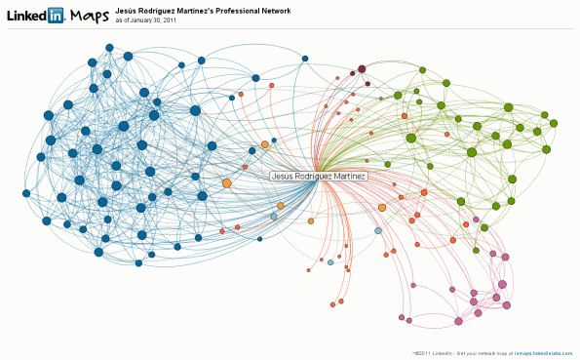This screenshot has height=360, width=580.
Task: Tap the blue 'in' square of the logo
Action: [57, 15]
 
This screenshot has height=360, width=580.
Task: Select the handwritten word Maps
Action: [89, 15]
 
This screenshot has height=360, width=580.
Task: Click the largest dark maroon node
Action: [362, 68]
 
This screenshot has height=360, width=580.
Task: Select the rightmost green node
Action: [554, 123]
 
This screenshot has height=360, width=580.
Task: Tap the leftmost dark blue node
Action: [26, 193]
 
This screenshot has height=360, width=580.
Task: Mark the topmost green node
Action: [423, 69]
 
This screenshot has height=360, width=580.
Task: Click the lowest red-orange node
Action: [332, 304]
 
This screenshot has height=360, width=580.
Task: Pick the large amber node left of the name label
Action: [226, 182]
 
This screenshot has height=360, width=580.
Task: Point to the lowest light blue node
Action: [330, 263]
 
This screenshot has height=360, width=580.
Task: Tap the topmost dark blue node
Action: [109, 47]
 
